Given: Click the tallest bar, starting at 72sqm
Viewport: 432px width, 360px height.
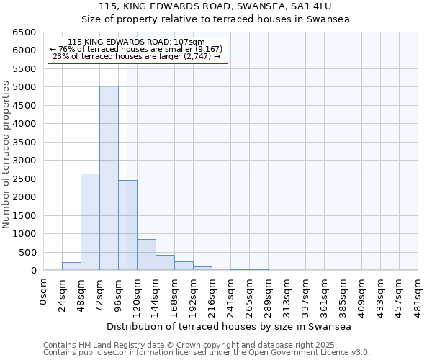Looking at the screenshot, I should pyautogui.click(x=109, y=178).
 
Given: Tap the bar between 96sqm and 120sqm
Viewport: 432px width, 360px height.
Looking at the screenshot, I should pyautogui.click(x=127, y=225).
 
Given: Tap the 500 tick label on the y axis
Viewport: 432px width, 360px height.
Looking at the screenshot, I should pyautogui.click(x=28, y=252).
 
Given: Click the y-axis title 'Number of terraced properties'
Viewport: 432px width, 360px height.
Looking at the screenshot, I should pyautogui.click(x=6, y=155).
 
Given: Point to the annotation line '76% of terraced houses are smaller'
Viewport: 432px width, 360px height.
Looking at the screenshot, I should pyautogui.click(x=136, y=49).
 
